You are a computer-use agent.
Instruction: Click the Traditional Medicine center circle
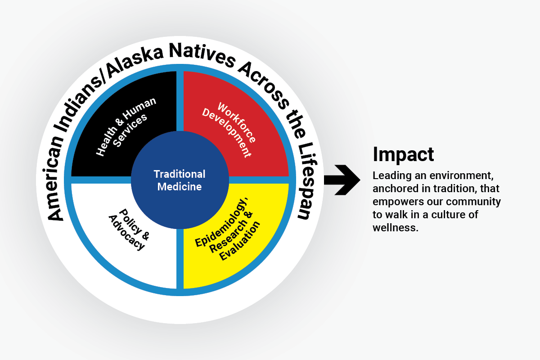(x=180, y=180)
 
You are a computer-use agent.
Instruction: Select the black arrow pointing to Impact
(x=342, y=180)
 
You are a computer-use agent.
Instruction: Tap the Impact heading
(x=403, y=154)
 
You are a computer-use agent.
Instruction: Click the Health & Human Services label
(x=126, y=127)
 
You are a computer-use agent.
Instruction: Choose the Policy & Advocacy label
(x=129, y=229)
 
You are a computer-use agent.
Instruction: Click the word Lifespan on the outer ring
(x=306, y=181)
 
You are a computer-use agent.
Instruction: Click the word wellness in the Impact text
(x=396, y=228)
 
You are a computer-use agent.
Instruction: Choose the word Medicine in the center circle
(x=180, y=187)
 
